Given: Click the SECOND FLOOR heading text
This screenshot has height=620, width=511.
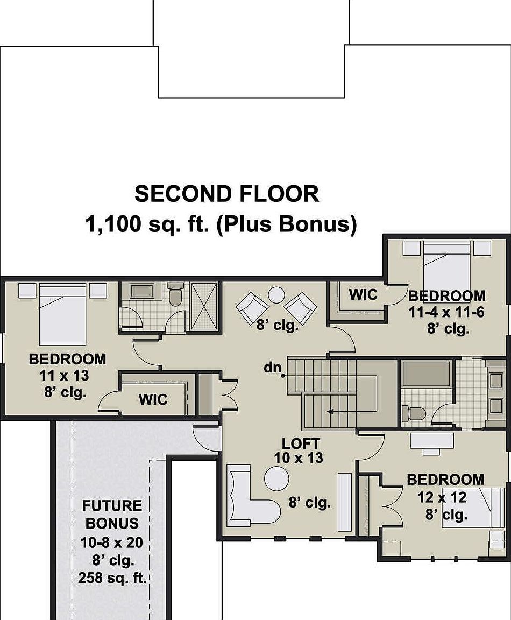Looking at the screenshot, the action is pyautogui.click(x=226, y=194).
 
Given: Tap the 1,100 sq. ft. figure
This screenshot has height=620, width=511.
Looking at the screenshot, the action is pyautogui.click(x=147, y=224).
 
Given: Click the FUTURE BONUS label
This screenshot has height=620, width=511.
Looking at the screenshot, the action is pyautogui.click(x=112, y=515).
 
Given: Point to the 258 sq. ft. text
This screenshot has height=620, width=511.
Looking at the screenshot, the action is pyautogui.click(x=112, y=578).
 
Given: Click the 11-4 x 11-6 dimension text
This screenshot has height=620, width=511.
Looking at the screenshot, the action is pyautogui.click(x=446, y=312).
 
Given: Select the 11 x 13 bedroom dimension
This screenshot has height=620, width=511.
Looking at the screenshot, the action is pyautogui.click(x=65, y=375).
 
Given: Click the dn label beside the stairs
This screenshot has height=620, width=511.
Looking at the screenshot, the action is pyautogui.click(x=273, y=368).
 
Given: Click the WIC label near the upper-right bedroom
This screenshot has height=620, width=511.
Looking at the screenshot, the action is pyautogui.click(x=363, y=295).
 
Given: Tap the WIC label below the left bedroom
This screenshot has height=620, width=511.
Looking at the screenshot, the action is pyautogui.click(x=153, y=400).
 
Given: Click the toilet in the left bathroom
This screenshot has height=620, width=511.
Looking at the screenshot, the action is pyautogui.click(x=175, y=294).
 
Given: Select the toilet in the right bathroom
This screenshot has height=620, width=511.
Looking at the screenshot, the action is pyautogui.click(x=414, y=413).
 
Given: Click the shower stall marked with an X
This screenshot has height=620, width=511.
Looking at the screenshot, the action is pyautogui.click(x=204, y=306).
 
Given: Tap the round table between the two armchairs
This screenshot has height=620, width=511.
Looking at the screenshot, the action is pyautogui.click(x=276, y=295).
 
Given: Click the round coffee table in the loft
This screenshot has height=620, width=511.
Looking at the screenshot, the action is pyautogui.click(x=276, y=478).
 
